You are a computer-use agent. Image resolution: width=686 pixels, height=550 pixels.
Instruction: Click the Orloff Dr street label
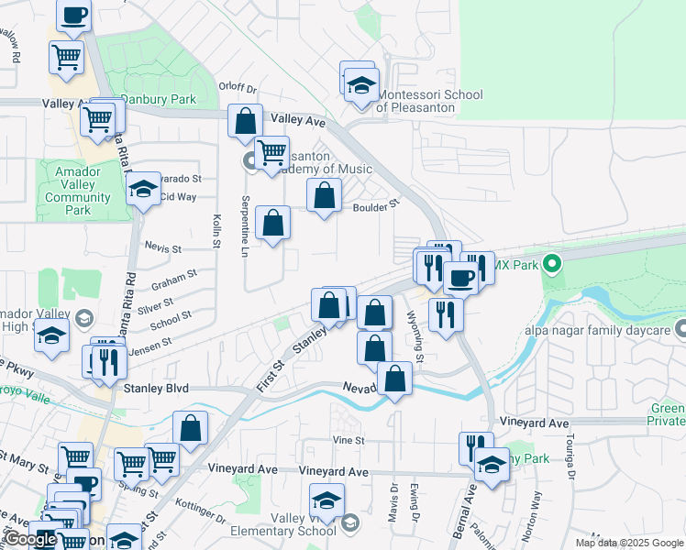(238, 87)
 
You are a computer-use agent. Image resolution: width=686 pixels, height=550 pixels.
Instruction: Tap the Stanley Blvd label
(155, 389)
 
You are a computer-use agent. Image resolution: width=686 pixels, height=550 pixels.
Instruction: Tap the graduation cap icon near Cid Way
(142, 190)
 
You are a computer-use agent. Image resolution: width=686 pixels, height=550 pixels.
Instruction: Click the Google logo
(31, 539)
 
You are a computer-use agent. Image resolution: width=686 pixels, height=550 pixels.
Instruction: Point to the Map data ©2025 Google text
(628, 543)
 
